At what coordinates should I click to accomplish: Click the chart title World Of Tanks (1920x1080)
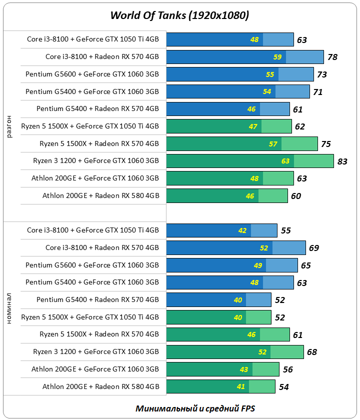tap(179, 15)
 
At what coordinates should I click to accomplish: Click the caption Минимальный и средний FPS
tap(195, 408)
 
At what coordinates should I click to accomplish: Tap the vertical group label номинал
tap(10, 309)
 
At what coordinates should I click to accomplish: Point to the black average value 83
tap(342, 161)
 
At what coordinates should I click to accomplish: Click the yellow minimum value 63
tap(285, 161)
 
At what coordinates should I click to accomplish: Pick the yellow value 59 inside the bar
tap(277, 57)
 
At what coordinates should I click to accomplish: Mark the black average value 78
tap(332, 57)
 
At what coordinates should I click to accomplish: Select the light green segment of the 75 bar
tap(299, 144)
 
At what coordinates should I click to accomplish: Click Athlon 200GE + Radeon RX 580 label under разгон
tap(100, 196)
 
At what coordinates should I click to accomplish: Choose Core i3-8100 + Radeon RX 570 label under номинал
tap(102, 248)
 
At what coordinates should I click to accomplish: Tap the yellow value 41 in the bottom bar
tap(241, 386)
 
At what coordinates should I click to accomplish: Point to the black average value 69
tap(314, 248)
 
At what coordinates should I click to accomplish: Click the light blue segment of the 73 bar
tap(295, 74)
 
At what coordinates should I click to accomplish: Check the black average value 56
tap(287, 369)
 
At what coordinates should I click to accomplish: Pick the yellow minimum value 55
tap(270, 74)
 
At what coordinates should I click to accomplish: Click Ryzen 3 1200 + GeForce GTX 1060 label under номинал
tap(96, 352)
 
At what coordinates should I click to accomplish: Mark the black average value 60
tap(296, 196)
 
